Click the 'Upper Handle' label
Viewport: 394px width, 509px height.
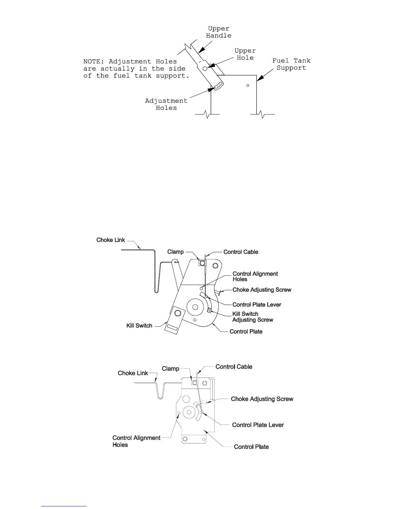pyautogui.click(x=219, y=32)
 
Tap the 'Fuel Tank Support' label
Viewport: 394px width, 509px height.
pyautogui.click(x=291, y=64)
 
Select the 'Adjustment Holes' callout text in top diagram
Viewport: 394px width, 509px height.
pyautogui.click(x=166, y=104)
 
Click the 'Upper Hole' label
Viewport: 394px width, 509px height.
pyautogui.click(x=245, y=54)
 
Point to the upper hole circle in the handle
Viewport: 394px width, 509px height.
pyautogui.click(x=205, y=68)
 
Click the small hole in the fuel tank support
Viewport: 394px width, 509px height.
pyautogui.click(x=248, y=85)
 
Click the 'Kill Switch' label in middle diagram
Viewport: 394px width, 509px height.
pyautogui.click(x=139, y=326)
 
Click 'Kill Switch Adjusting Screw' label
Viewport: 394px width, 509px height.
pyautogui.click(x=252, y=317)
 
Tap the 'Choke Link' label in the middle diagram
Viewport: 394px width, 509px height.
pyautogui.click(x=110, y=240)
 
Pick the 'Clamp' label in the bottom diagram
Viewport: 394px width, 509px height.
pyautogui.click(x=170, y=369)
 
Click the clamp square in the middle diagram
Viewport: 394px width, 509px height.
pyautogui.click(x=202, y=263)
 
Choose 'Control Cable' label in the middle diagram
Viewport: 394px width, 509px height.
pyautogui.click(x=241, y=252)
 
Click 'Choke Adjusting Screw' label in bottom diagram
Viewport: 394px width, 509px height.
pyautogui.click(x=262, y=399)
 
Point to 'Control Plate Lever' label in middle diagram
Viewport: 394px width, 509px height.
pyautogui.click(x=257, y=305)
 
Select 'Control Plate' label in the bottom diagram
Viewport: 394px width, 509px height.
pyautogui.click(x=251, y=447)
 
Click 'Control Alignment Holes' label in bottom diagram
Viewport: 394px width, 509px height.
pyautogui.click(x=136, y=441)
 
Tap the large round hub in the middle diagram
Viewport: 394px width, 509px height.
pyautogui.click(x=195, y=307)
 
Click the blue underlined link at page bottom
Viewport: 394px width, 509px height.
pyautogui.click(x=64, y=506)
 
